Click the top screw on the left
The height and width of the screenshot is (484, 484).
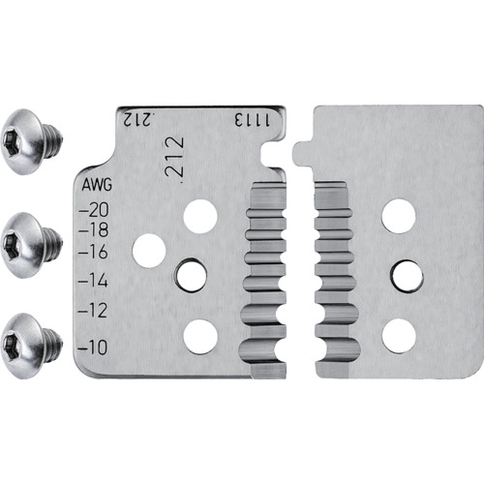pos(31,141)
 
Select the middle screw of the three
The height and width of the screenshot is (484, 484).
pos(31,245)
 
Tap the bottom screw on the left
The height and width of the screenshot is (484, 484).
pos(31,346)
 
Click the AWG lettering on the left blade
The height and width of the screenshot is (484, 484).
pos(97,185)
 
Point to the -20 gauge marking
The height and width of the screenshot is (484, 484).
pos(94,210)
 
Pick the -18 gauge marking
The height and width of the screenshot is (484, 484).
pos(94,230)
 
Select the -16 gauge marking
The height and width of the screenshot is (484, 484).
pos(93,252)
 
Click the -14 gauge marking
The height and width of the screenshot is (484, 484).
pos(93,281)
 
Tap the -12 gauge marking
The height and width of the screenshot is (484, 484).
pos(93,310)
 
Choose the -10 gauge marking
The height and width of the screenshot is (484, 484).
pos(93,348)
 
